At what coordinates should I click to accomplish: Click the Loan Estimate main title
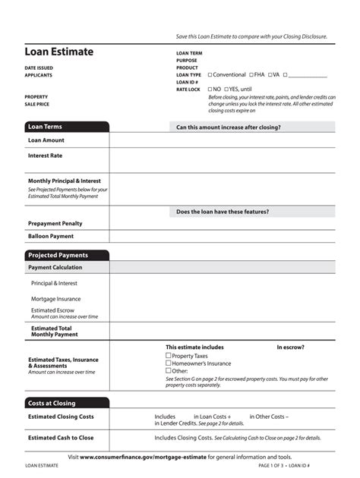click(x=59, y=52)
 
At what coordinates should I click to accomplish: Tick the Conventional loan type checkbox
click(x=210, y=75)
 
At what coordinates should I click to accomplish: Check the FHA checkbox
click(x=251, y=75)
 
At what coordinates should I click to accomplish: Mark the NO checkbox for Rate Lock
click(x=210, y=90)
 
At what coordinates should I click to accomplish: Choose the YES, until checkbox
click(x=226, y=90)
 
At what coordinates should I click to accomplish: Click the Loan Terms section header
click(x=46, y=127)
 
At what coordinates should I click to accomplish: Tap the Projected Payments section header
click(x=58, y=256)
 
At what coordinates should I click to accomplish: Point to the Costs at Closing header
click(x=52, y=403)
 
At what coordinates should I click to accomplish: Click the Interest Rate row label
click(x=46, y=156)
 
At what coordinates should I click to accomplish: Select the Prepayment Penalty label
click(x=55, y=223)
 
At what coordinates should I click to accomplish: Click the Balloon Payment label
click(x=51, y=236)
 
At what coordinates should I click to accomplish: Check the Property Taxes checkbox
click(x=169, y=355)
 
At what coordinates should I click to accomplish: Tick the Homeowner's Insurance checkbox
click(x=169, y=363)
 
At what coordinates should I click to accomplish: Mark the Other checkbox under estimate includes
click(x=169, y=370)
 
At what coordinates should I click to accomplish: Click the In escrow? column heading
click(x=290, y=347)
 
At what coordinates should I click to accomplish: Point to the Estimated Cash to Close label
click(x=61, y=438)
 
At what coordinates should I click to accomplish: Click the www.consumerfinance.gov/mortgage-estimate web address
click(x=143, y=458)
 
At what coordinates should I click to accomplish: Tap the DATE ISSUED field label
click(x=39, y=68)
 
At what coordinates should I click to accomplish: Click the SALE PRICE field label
click(x=37, y=104)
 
